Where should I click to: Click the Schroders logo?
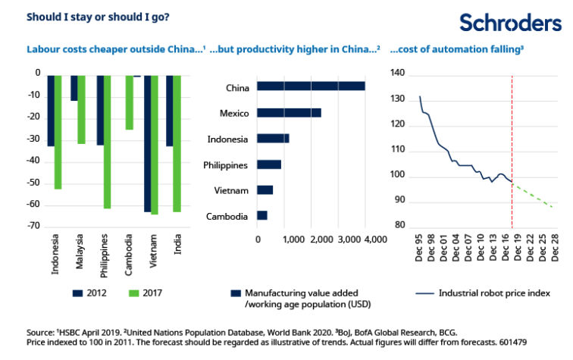(x=511, y=23)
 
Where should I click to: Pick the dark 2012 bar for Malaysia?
(x=74, y=88)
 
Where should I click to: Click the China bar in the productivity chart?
(x=311, y=86)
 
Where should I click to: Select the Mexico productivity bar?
(x=289, y=113)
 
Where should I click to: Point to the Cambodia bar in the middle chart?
(x=262, y=216)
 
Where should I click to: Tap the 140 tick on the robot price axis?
(x=398, y=75)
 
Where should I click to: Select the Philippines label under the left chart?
(x=105, y=256)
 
